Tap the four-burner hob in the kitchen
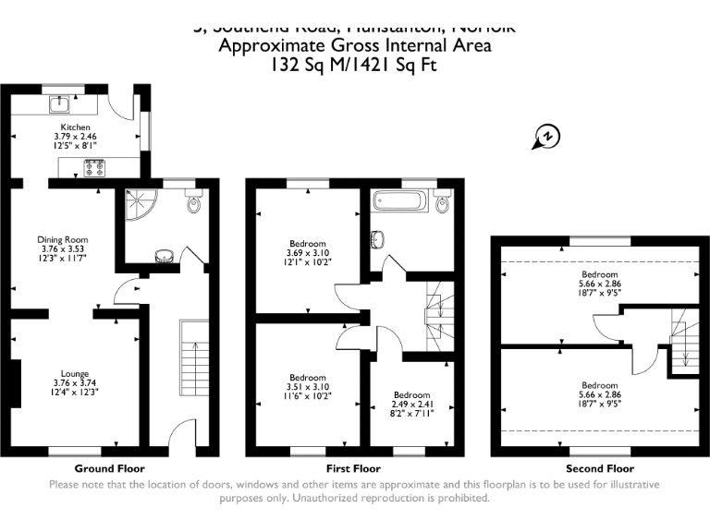pos(95,167)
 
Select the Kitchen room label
pos(76,127)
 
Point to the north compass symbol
pos(546,138)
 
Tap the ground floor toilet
pos(194,201)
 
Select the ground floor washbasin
pos(164,256)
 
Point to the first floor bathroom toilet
pos(443,202)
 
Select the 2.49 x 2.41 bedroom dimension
pos(411,404)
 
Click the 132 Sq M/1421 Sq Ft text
pos(354,65)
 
